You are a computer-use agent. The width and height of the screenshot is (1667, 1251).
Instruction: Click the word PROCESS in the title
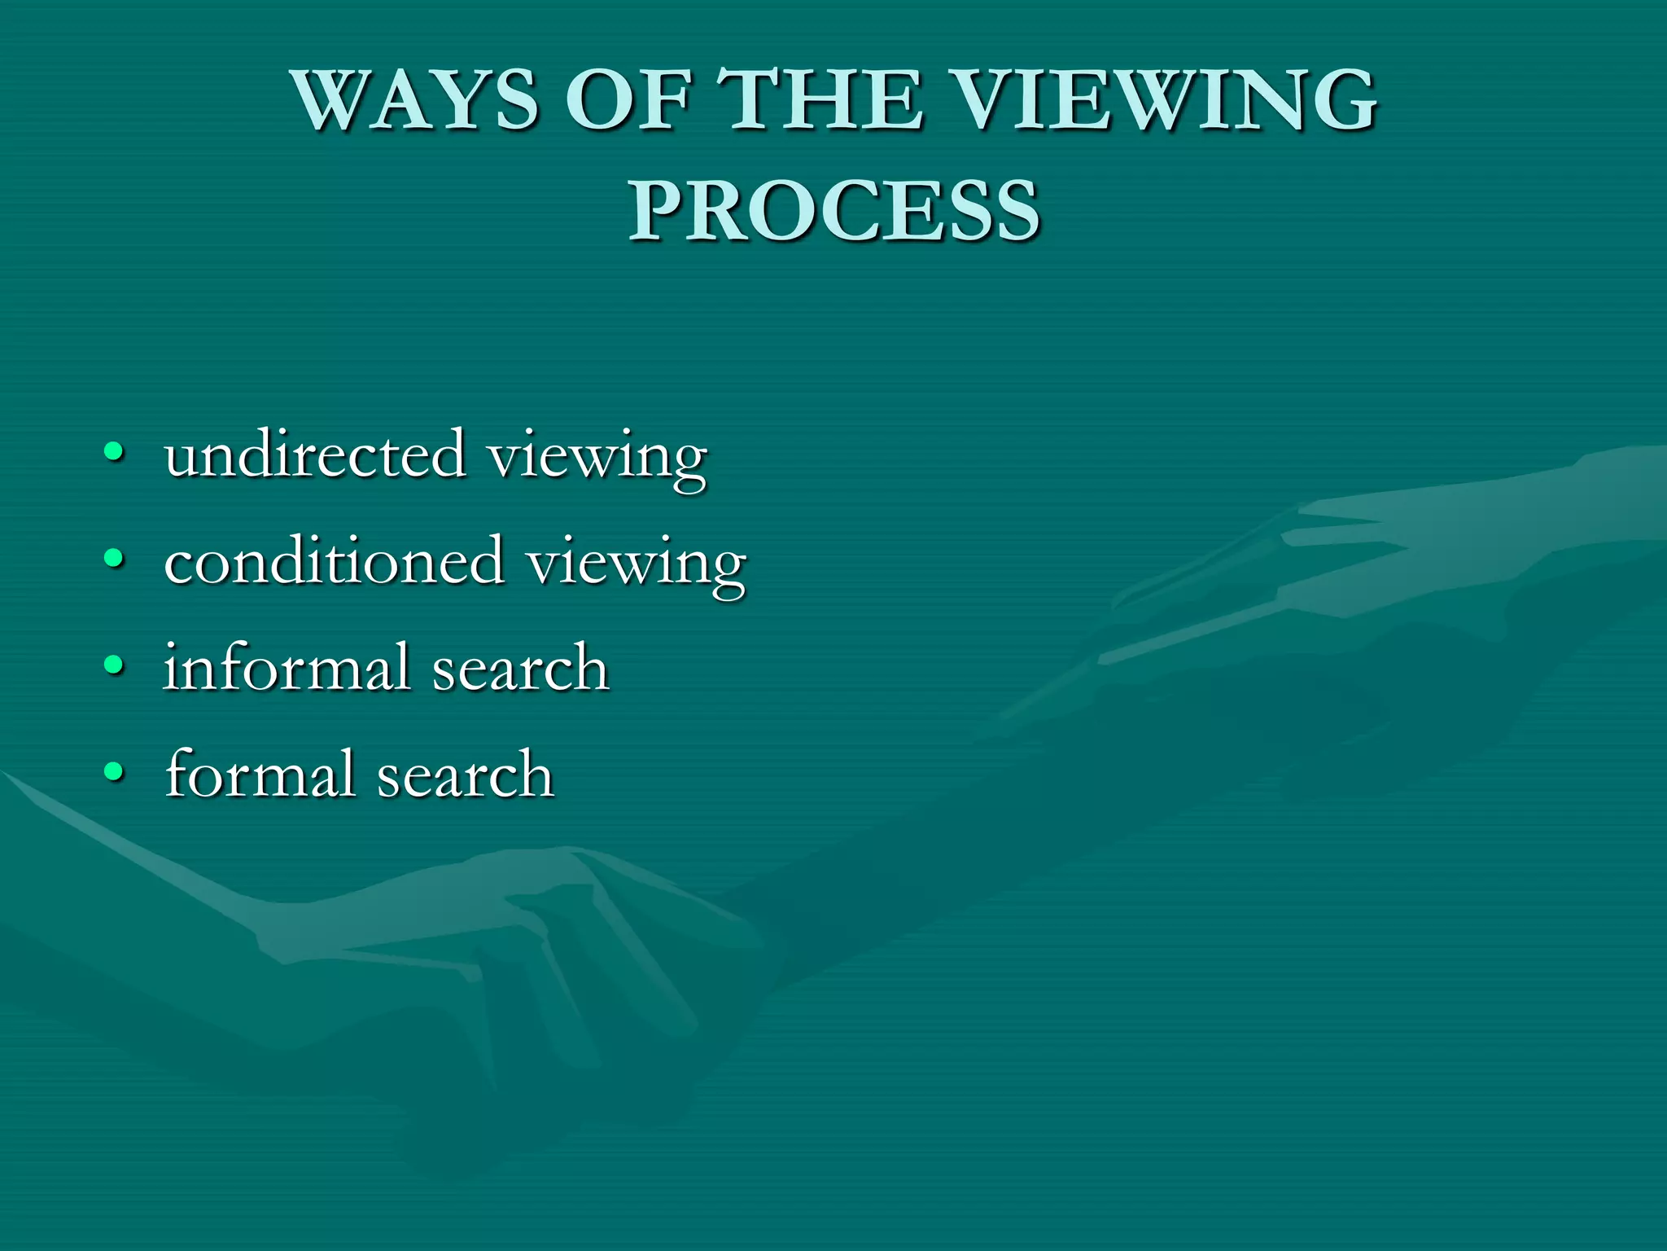(x=833, y=211)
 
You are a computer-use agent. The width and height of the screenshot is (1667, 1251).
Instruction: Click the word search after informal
(x=520, y=669)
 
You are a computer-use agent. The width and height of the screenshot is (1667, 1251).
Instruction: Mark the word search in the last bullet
(x=466, y=775)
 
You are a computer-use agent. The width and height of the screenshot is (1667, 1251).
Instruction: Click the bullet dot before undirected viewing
(x=115, y=452)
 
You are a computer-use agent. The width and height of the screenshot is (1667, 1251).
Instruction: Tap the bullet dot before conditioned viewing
(x=115, y=559)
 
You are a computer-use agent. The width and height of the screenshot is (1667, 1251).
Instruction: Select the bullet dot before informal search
(x=115, y=665)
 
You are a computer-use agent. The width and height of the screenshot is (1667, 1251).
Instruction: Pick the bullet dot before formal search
(x=115, y=771)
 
